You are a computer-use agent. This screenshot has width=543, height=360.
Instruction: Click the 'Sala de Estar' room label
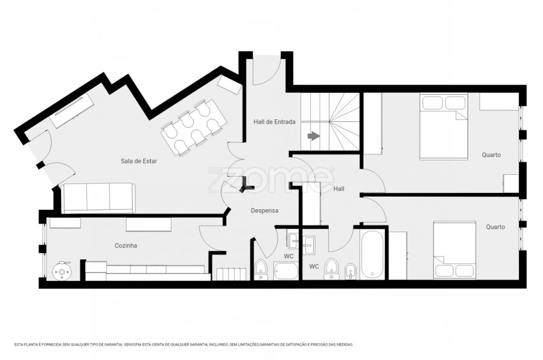[x=139, y=161]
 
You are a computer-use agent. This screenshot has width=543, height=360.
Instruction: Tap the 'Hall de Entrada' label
[x=275, y=122]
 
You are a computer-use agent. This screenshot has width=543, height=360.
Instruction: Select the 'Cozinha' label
[x=125, y=245]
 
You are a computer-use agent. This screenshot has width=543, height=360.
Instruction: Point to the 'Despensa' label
[x=265, y=210]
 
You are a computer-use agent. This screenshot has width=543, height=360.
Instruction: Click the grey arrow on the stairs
[x=313, y=136]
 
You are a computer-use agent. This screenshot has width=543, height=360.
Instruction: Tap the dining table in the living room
[x=194, y=128]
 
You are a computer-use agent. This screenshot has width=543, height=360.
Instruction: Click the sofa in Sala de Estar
[x=98, y=198]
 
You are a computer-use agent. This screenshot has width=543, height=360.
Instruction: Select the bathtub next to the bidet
[x=372, y=254]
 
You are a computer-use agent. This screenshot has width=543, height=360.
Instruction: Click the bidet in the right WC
[x=351, y=271]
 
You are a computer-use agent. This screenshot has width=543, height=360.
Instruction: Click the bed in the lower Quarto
[x=454, y=250]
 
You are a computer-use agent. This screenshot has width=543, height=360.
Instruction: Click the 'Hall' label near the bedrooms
[x=338, y=189]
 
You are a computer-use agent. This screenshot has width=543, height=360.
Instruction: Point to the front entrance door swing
[x=266, y=71]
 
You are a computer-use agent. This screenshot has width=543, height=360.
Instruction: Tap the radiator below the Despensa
[x=232, y=274]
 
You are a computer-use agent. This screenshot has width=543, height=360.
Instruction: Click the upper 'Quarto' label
[x=491, y=155]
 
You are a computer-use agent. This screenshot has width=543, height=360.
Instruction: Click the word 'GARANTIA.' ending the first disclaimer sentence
[x=115, y=345]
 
